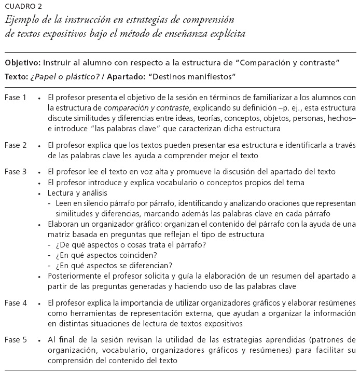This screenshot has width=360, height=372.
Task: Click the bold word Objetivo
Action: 22,63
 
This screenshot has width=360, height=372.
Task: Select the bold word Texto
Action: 16,77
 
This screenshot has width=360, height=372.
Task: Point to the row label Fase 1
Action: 16,98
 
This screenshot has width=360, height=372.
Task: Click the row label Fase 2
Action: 16,145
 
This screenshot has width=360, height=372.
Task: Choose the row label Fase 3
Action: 16,172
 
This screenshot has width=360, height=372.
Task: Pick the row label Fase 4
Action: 16,302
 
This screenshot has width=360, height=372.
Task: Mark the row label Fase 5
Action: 16,340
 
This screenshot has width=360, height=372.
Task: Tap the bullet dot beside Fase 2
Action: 39,146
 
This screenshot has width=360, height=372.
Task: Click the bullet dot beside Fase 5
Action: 39,340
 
